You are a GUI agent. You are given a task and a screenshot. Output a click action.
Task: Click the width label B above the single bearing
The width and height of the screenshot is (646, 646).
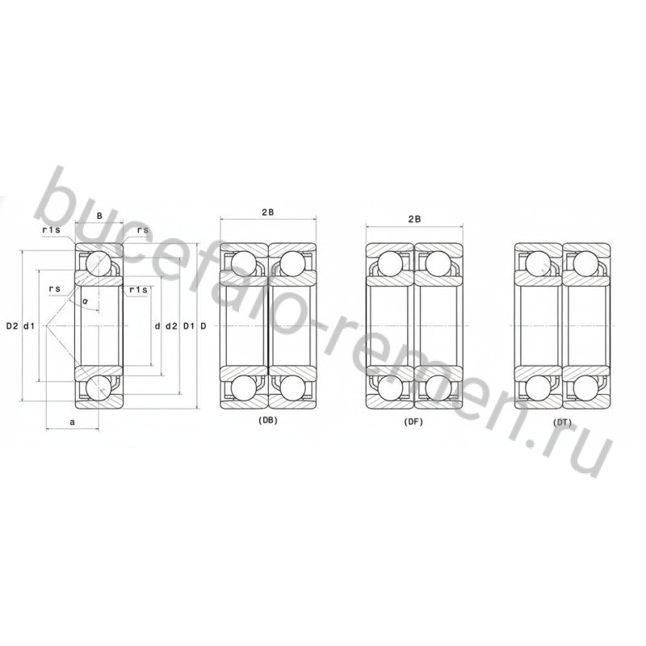pyautogui.click(x=99, y=215)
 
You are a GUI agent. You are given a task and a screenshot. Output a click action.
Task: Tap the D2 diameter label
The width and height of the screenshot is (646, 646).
pyautogui.click(x=12, y=326)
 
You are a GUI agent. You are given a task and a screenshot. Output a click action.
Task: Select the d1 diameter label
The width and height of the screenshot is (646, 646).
pyautogui.click(x=29, y=326)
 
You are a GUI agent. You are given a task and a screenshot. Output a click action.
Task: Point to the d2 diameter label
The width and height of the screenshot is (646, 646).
pyautogui.click(x=171, y=326)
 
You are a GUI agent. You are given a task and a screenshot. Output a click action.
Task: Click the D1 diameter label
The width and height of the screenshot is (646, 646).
pyautogui.click(x=189, y=326)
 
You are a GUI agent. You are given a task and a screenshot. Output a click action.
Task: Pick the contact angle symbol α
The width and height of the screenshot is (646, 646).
pyautogui.click(x=86, y=301)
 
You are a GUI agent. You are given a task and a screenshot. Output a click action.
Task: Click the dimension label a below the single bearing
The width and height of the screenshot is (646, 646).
pyautogui.click(x=73, y=422)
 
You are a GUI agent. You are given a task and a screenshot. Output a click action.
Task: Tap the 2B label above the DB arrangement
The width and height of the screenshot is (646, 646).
pyautogui.click(x=268, y=212)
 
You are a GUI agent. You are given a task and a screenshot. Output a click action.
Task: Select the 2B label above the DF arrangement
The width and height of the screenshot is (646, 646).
pyautogui.click(x=414, y=219)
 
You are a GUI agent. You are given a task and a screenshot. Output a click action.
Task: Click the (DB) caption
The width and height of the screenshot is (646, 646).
pyautogui.click(x=268, y=421)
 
